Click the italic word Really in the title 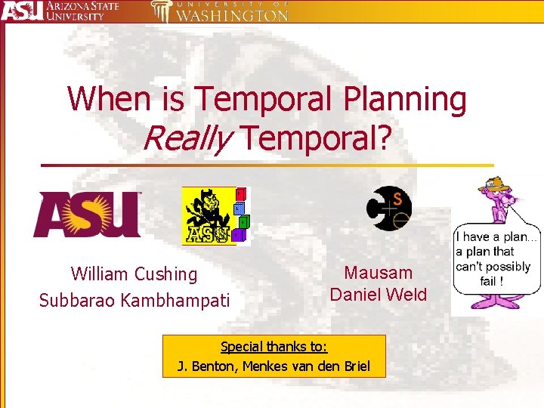pos(183,137)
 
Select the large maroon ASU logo pos(86,215)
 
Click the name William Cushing pos(134,274)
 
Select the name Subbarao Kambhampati pos(134,300)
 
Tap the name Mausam pos(379,273)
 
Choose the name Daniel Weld pos(379,295)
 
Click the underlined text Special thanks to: pos(274,347)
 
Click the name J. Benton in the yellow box pos(203,366)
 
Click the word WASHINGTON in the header pos(232,16)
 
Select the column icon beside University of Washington pos(160,11)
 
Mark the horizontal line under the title pos(266,165)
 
